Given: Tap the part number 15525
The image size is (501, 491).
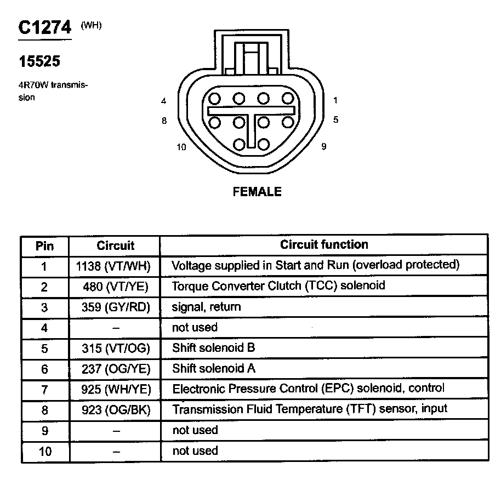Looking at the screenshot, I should click(39, 62).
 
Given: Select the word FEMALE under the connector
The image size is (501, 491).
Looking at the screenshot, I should click(257, 192).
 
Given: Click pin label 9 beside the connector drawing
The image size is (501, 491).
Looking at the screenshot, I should click(324, 146).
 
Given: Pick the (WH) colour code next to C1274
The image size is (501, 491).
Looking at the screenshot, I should click(91, 25).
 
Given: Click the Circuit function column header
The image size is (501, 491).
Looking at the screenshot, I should click(324, 244).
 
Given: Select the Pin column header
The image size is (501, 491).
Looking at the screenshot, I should click(44, 245).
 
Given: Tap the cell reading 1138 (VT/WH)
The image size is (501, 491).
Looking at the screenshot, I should click(114, 266).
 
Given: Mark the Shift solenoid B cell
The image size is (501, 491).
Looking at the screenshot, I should click(214, 347).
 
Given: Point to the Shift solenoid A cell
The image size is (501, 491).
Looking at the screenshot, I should click(214, 368).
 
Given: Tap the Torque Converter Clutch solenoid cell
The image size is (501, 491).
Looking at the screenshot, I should click(278, 286).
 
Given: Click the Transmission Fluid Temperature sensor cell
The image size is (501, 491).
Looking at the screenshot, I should click(310, 409).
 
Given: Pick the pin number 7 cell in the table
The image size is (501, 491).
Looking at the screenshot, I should click(44, 390).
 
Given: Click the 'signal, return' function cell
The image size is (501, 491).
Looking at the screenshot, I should click(207, 307).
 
